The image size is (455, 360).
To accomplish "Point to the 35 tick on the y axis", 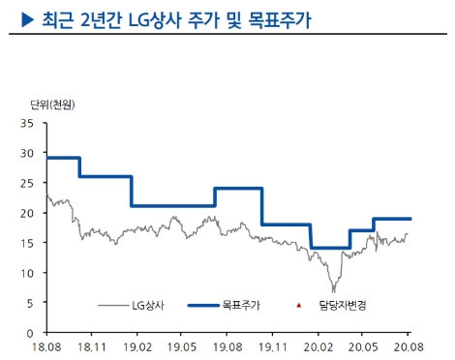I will pyautogui.click(x=27, y=124).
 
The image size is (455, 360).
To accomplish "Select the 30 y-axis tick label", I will pyautogui.click(x=27, y=154).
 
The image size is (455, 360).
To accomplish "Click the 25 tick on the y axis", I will pyautogui.click(x=27, y=183).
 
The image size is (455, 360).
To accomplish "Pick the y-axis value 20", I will pyautogui.click(x=27, y=213).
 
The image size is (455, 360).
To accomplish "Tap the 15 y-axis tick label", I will pyautogui.click(x=27, y=243).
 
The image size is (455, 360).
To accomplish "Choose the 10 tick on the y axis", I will pyautogui.click(x=27, y=273).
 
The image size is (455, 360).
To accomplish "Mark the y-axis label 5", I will pyautogui.click(x=30, y=302).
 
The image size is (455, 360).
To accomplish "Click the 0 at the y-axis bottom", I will pyautogui.click(x=30, y=332).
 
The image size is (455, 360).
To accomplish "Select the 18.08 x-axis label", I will pyautogui.click(x=46, y=345).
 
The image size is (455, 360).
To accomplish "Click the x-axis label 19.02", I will pyautogui.click(x=137, y=345).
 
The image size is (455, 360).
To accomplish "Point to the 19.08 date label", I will pyautogui.click(x=228, y=345).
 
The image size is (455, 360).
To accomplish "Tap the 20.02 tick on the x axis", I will pyautogui.click(x=318, y=345).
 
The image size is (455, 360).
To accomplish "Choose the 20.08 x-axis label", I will pyautogui.click(x=408, y=345).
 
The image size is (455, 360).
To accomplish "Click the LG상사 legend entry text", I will pyautogui.click(x=148, y=306).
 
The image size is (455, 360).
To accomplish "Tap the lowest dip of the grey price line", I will pyautogui.click(x=333, y=291).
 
